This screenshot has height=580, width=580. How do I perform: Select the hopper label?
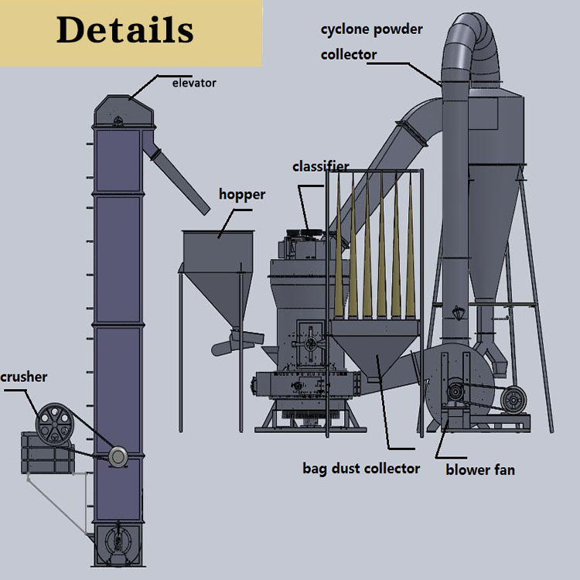coord(241,195)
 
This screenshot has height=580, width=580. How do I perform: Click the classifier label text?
coord(320,167)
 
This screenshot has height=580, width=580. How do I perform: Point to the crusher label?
coord(23,377)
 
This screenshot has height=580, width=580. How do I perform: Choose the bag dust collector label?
coord(361,468)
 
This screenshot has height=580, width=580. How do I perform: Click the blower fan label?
coord(480,469)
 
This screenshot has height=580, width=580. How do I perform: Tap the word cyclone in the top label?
coord(346,29)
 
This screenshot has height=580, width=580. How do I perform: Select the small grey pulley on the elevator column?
coord(118,456)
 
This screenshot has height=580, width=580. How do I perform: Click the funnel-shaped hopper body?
coord(217,267)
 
